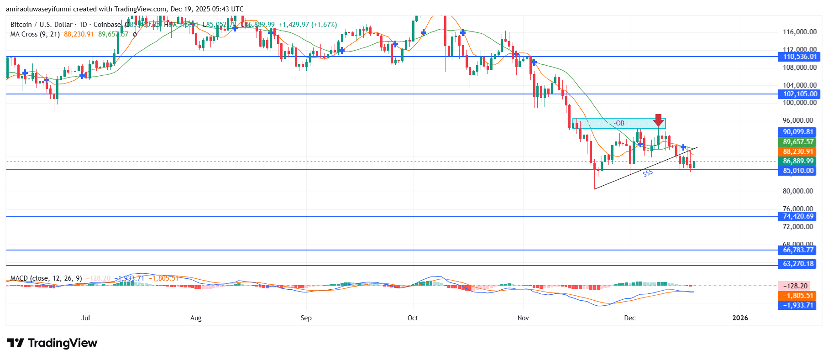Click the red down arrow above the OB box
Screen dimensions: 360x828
658,120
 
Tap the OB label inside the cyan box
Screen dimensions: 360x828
619,123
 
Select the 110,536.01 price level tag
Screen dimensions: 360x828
798,57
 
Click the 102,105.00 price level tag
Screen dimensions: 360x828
798,94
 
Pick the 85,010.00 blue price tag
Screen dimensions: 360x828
798,171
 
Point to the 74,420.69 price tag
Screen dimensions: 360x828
798,216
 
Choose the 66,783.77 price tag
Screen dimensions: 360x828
798,250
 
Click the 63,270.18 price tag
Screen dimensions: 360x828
798,264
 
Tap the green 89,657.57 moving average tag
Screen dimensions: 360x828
798,142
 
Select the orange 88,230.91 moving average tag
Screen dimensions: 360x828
798,151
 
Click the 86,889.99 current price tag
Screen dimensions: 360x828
798,161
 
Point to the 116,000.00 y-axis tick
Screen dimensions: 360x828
799,32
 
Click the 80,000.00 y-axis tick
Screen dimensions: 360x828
797,191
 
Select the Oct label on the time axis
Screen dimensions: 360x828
413,318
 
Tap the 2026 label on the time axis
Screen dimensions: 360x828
740,318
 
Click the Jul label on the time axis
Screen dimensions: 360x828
85,318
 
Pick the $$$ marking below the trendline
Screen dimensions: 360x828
648,173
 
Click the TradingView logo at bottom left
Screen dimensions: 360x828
52,343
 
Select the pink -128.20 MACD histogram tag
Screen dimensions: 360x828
795,286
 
